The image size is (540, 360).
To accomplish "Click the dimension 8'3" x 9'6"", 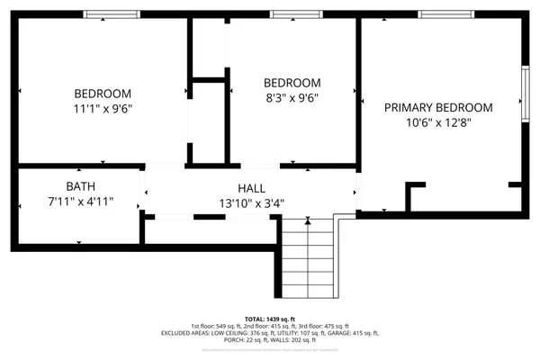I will pyautogui.click(x=291, y=98).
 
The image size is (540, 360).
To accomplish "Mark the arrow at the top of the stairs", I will pyautogui.click(x=308, y=220).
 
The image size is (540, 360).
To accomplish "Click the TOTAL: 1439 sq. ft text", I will pyautogui.click(x=269, y=318).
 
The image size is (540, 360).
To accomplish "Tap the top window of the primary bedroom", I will pyautogui.click(x=448, y=13).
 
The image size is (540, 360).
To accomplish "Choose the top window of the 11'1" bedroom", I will pyautogui.click(x=111, y=13).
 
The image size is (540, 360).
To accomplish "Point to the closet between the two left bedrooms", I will pyautogui.click(x=210, y=121).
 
